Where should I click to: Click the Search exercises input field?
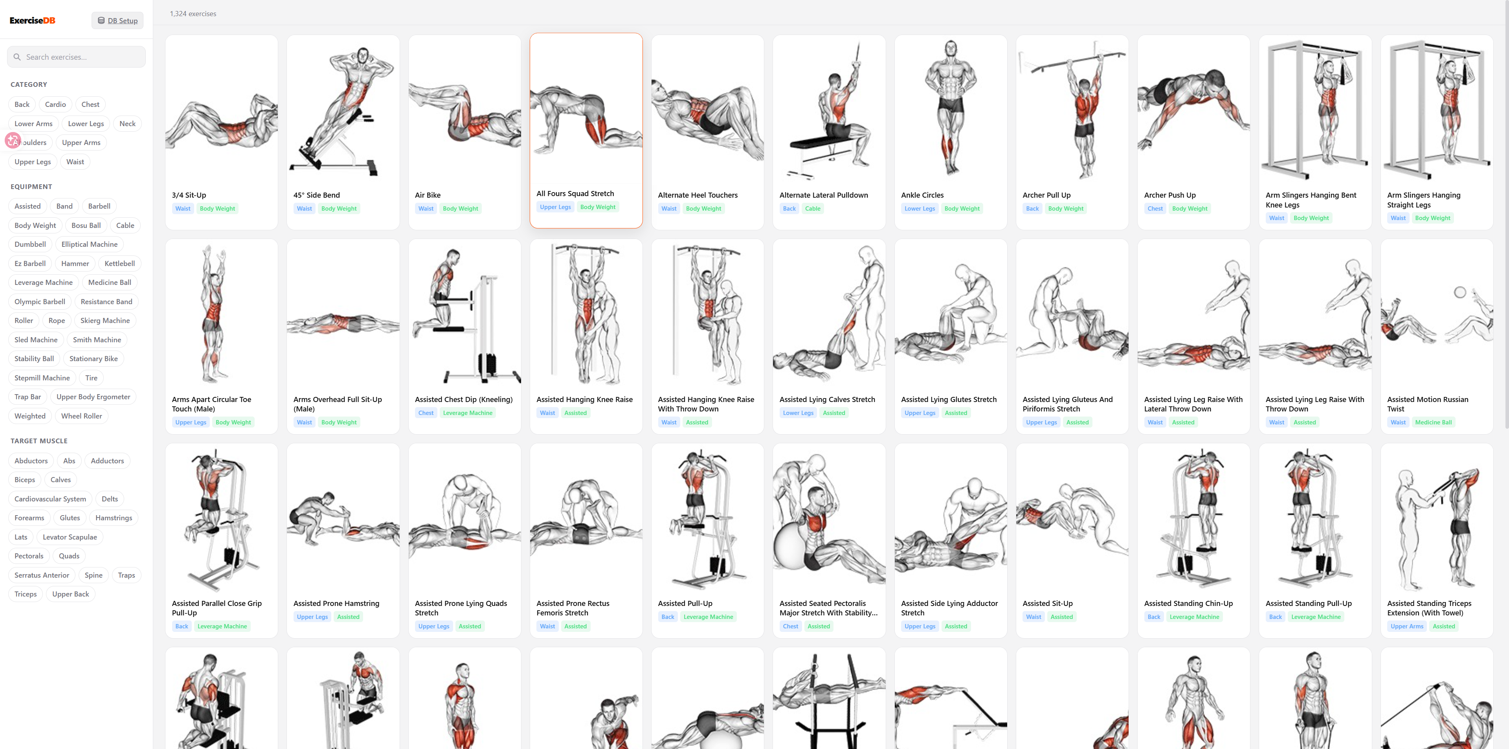click(x=76, y=57)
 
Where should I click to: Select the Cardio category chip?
click(x=56, y=104)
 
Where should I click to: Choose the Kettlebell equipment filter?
click(x=119, y=264)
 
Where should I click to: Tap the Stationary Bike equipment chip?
click(x=94, y=358)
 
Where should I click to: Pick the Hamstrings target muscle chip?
click(x=114, y=518)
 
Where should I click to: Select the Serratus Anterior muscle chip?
click(x=42, y=575)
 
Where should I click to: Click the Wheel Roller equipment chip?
click(x=81, y=416)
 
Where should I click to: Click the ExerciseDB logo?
click(x=32, y=20)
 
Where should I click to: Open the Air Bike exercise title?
click(x=428, y=195)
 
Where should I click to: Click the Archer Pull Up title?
click(x=1046, y=195)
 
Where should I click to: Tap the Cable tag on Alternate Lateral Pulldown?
click(x=813, y=209)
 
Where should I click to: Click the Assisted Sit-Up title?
click(x=1047, y=603)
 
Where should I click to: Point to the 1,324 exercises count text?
click(x=193, y=13)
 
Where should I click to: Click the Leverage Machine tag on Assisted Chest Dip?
click(x=468, y=413)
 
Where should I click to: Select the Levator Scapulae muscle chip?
click(x=70, y=537)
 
